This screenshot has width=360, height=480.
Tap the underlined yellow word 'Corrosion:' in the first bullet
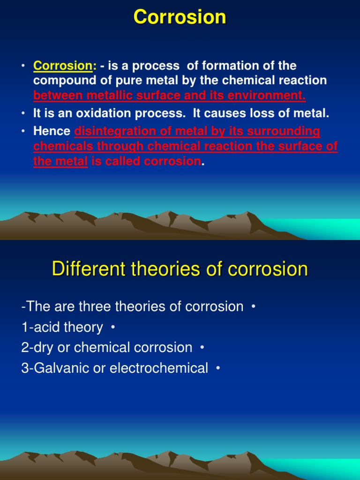coord(65,66)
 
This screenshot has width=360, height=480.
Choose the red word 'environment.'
coord(267,96)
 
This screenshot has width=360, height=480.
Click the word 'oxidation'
coord(104,113)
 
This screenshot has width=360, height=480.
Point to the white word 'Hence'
coord(52,131)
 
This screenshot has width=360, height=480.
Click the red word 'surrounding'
coord(284,132)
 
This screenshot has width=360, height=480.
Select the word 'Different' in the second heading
coord(89,269)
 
